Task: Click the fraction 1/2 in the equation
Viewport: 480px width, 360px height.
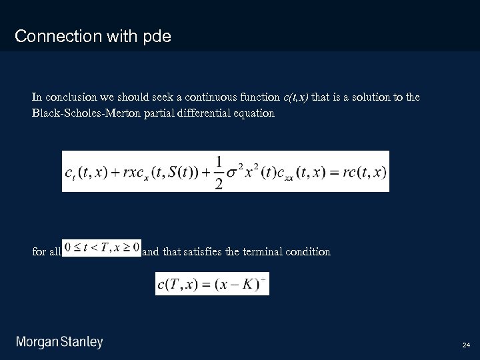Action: coord(218,172)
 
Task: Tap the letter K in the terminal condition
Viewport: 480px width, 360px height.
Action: coord(247,284)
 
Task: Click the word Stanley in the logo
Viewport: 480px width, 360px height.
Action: coord(82,343)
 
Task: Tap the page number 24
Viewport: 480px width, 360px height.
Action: coord(466,345)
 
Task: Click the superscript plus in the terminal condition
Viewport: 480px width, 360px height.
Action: coord(263,278)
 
